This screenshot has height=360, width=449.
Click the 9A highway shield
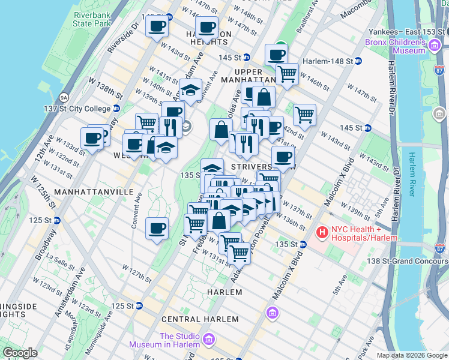(x=64, y=97)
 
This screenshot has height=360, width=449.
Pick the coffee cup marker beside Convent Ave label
(x=157, y=228)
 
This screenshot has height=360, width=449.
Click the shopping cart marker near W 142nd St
(x=304, y=114)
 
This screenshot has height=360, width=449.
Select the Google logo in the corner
(x=20, y=353)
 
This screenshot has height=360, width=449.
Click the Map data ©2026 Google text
(x=412, y=355)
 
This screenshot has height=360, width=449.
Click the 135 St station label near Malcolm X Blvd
(x=291, y=244)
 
